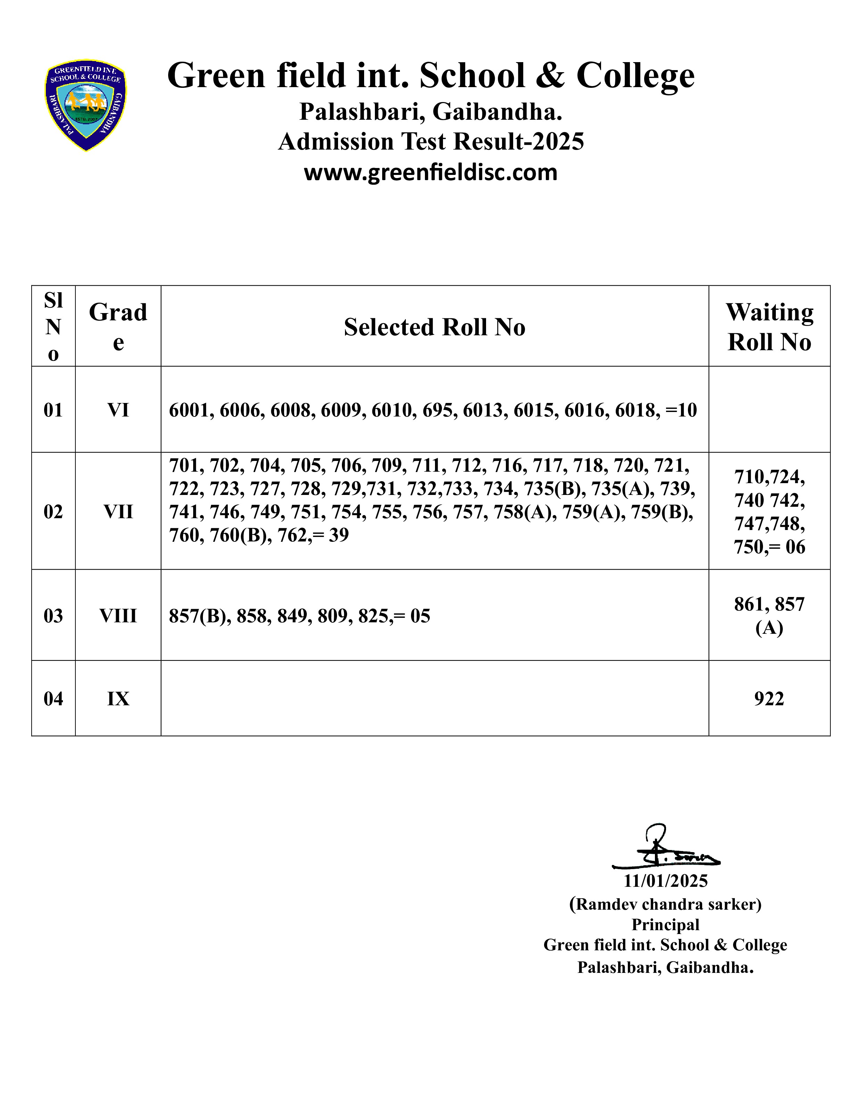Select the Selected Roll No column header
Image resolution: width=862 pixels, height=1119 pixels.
[434, 327]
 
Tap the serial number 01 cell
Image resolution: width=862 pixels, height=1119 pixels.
[53, 410]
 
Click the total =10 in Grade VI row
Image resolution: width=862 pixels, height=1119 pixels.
[681, 410]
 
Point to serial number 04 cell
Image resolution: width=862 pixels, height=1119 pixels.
[53, 699]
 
